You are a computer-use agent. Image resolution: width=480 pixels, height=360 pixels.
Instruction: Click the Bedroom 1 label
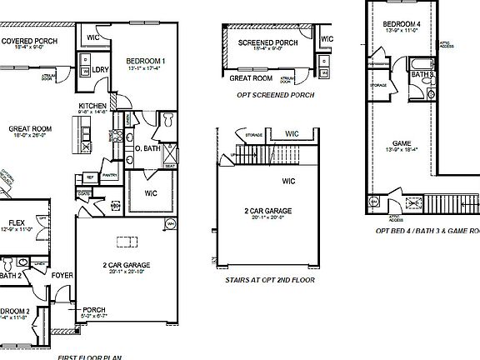tap(146, 61)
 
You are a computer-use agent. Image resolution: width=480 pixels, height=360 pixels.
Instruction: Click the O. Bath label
tap(145, 148)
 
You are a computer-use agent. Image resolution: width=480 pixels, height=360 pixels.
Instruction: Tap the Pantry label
tap(108, 176)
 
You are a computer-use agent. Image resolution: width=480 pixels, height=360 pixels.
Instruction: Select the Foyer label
tap(62, 274)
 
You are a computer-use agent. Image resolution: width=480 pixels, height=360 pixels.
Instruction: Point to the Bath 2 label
tap(10, 274)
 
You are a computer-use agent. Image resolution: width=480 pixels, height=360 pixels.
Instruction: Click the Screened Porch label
tap(267, 42)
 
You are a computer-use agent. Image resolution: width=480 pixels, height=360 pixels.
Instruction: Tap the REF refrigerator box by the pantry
tap(90, 177)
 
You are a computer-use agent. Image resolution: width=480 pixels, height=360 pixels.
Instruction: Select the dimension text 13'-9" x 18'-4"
tap(401, 151)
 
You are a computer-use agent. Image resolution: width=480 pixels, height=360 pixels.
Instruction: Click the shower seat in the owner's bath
tap(169, 166)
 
